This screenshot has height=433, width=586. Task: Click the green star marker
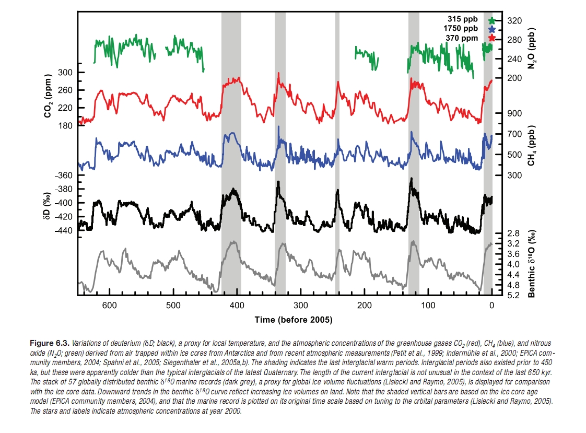tap(491, 21)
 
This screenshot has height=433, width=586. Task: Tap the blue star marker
tap(491, 29)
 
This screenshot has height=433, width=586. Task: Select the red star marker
tap(491, 38)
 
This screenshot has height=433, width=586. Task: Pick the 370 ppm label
tap(462, 38)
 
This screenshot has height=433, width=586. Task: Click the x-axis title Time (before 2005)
tap(293, 320)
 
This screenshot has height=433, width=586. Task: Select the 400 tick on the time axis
tap(237, 305)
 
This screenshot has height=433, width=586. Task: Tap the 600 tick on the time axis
tap(109, 305)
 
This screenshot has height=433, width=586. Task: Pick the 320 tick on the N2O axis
tap(514, 20)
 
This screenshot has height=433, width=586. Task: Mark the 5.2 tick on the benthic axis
tap(513, 296)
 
